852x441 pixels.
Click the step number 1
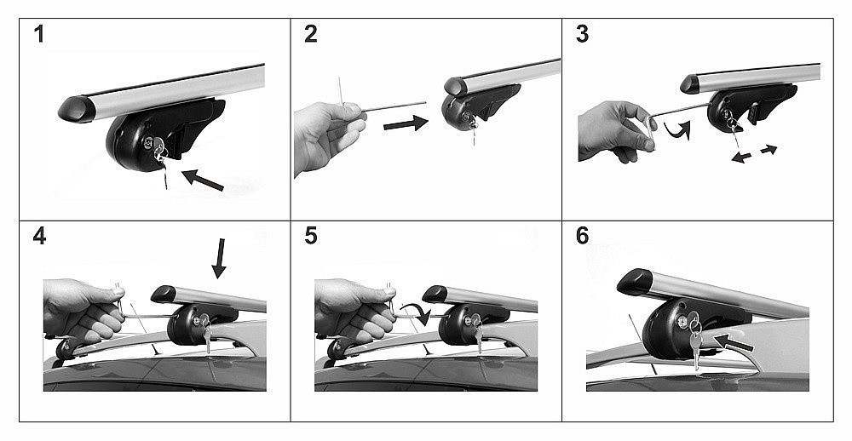(x=38, y=34)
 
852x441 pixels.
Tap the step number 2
(x=310, y=34)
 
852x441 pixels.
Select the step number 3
(x=582, y=34)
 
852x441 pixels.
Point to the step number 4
(x=39, y=237)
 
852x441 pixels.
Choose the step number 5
(x=311, y=237)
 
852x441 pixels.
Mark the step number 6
(x=583, y=237)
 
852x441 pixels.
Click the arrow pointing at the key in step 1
(x=202, y=180)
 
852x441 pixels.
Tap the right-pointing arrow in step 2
(x=406, y=123)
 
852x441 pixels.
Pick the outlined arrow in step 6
(x=734, y=343)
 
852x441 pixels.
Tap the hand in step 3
(x=616, y=131)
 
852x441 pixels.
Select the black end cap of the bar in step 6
(x=636, y=282)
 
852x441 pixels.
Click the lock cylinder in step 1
(x=147, y=143)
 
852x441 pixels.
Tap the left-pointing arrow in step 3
(x=742, y=157)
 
